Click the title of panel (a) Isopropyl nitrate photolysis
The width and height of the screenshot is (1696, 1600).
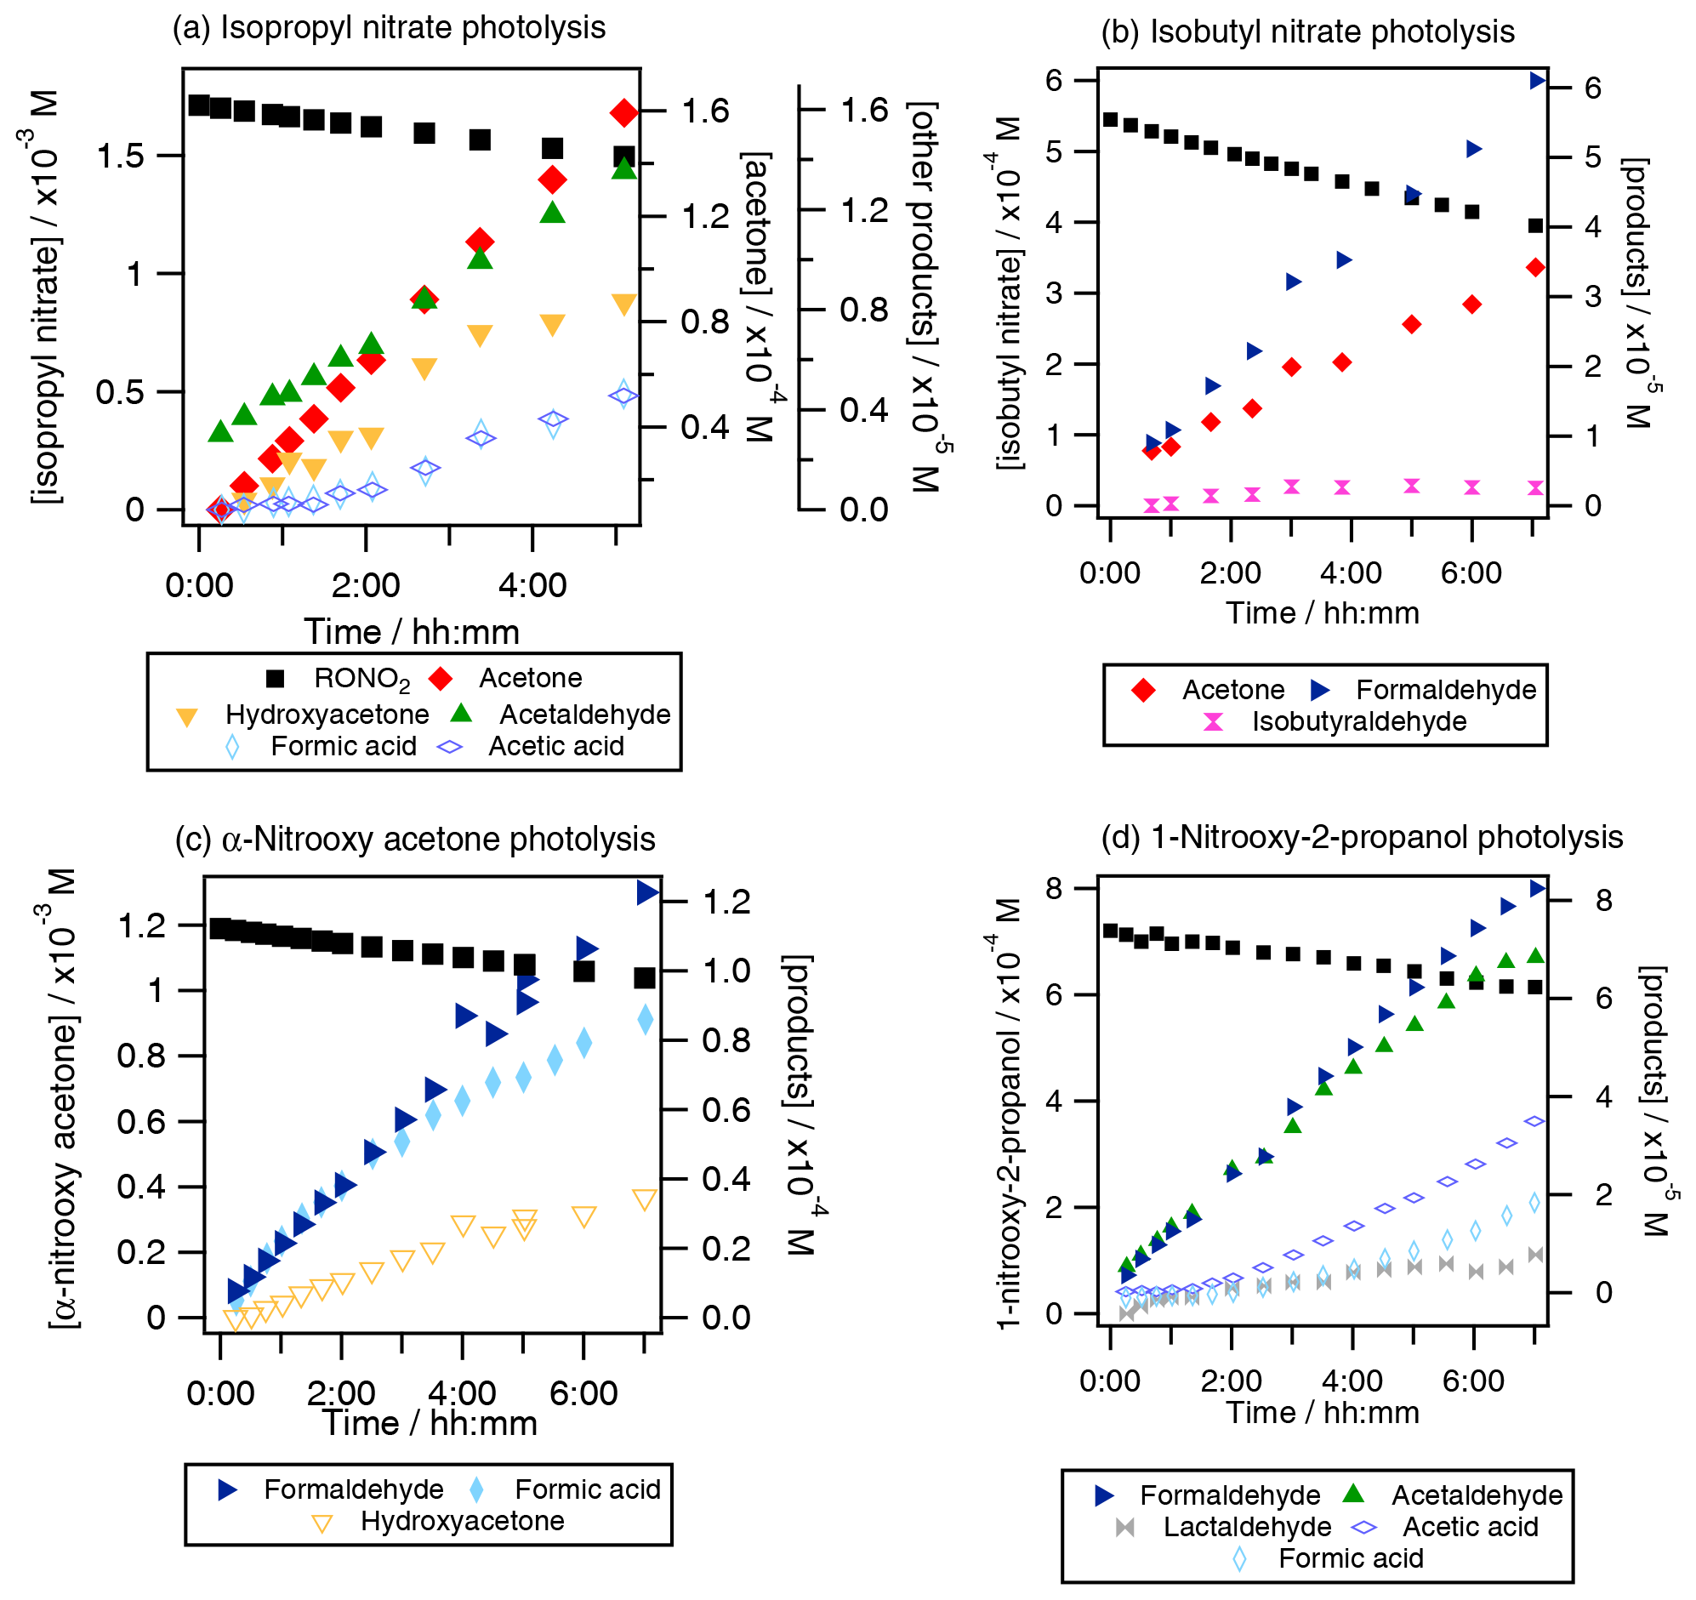point(389,28)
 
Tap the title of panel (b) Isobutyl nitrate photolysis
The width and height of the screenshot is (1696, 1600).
point(1307,32)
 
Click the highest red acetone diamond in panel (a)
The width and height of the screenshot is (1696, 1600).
point(624,112)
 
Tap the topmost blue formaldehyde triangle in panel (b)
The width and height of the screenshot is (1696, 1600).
point(1537,81)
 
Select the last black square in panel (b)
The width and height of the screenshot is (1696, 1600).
point(1535,226)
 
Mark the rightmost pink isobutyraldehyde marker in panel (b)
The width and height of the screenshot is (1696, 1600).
point(1535,488)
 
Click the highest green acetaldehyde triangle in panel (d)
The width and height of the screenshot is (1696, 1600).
point(1535,956)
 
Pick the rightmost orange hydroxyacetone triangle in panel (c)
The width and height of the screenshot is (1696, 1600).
point(645,1199)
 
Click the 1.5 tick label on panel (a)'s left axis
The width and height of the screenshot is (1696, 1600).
point(120,157)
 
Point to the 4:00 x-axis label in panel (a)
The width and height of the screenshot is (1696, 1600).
point(532,586)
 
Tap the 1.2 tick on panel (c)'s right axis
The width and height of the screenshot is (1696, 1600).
point(726,902)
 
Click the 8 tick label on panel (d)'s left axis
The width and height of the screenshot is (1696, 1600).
point(1056,889)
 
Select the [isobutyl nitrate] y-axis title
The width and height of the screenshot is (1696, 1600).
point(1010,293)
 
